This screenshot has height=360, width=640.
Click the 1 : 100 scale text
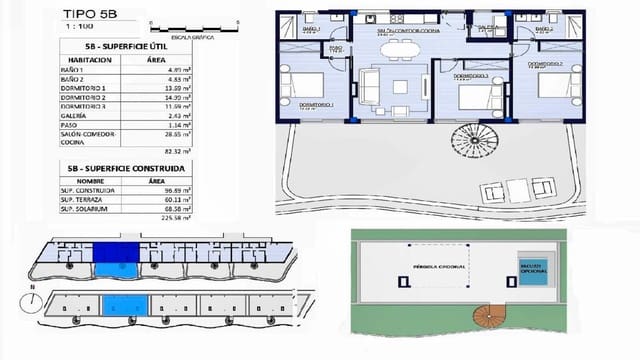point(72,28)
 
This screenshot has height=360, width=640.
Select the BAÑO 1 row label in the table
point(74,71)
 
